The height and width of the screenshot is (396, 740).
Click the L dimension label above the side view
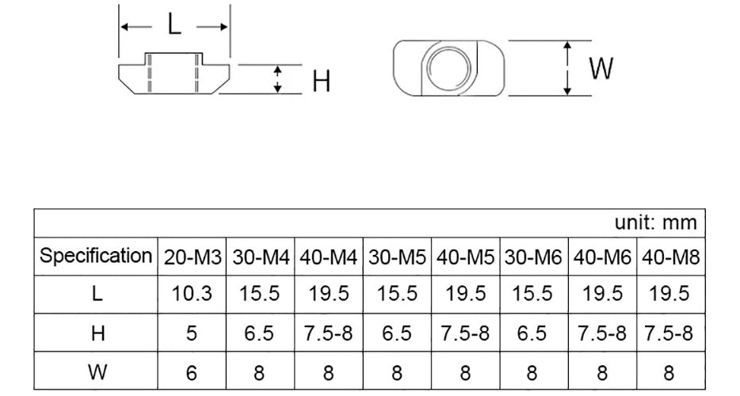point(174,25)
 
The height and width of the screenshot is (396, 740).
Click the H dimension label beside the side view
point(321,81)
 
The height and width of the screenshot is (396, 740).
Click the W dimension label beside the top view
point(601,69)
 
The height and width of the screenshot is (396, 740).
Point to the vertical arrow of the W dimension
point(567,69)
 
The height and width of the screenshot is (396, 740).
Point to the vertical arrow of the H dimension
point(277,80)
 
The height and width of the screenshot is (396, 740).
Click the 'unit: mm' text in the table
point(655,223)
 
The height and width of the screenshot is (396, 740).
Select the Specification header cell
point(97,256)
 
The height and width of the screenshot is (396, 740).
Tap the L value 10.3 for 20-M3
point(193,294)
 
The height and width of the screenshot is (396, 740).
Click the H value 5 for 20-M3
point(192,333)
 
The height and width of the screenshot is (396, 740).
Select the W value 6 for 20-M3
point(192,371)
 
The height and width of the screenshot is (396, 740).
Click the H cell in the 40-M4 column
point(328,333)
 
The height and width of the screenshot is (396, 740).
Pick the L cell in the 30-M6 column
point(532,294)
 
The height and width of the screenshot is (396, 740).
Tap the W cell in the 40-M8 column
point(669,371)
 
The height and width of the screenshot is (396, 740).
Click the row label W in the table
point(97,371)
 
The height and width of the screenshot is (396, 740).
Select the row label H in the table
point(97,333)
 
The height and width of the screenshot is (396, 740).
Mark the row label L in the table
point(97,294)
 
